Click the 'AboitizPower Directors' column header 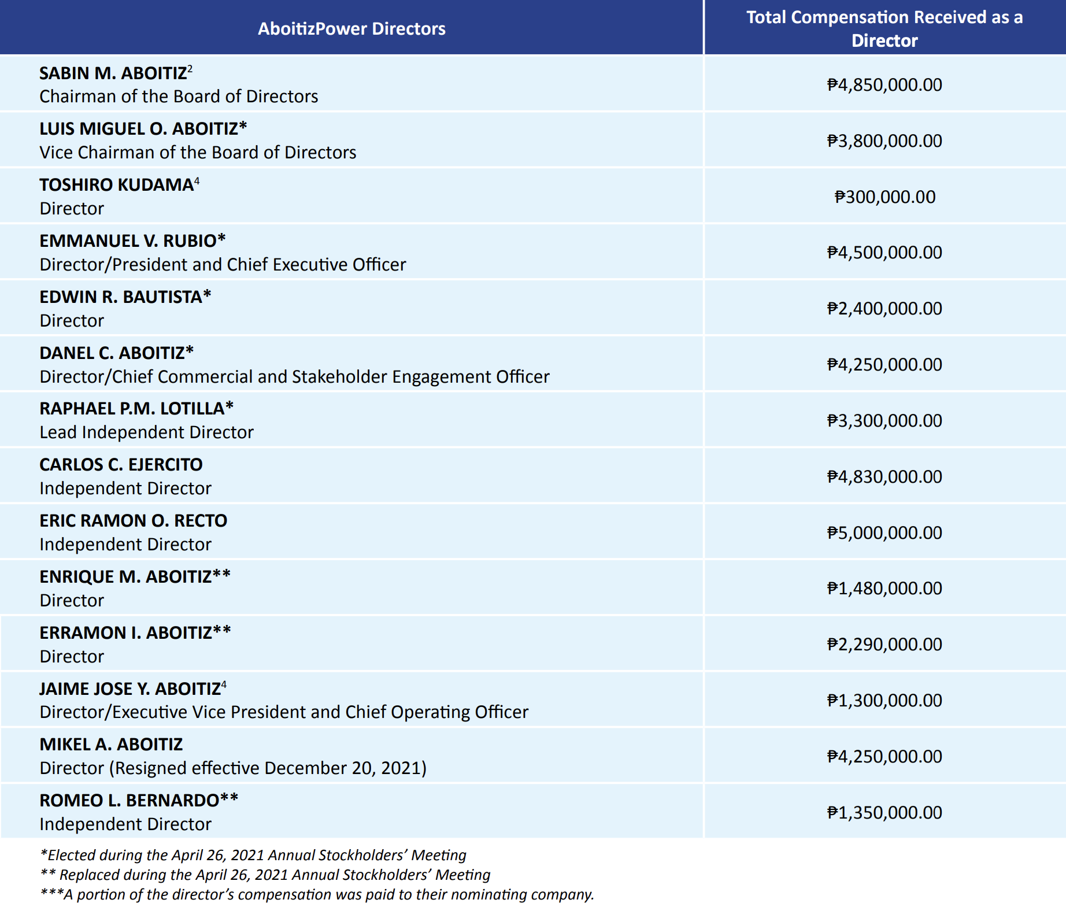coord(351,29)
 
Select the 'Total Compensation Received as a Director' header coord(884,29)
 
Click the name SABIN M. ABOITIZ coord(113,73)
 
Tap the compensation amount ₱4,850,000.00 coord(884,85)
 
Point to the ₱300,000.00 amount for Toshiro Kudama coord(884,197)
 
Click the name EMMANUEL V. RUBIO coord(128,241)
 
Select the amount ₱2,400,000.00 coord(884,309)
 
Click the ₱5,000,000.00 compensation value coord(884,533)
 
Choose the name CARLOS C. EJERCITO coord(121,465)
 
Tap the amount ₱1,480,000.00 coord(884,588)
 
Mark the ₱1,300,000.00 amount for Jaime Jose coord(884,701)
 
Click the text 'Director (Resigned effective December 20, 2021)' coord(233,768)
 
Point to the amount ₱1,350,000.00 coord(884,813)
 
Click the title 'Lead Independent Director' coord(147,432)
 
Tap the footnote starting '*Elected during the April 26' coord(253,855)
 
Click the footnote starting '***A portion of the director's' coord(317,894)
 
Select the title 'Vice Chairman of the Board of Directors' coord(198,153)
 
